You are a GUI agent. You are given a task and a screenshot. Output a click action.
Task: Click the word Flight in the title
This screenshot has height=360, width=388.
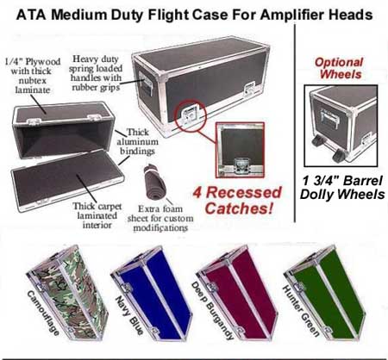pos(168,16)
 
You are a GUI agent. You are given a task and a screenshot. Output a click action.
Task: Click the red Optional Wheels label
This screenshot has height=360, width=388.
pos(340,68)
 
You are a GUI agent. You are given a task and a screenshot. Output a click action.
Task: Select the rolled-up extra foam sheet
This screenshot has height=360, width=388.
pos(154,182)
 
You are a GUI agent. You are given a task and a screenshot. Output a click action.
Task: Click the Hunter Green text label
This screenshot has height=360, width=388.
pos(301,311)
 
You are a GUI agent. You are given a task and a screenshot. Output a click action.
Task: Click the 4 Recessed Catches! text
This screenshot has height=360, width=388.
pos(237,201)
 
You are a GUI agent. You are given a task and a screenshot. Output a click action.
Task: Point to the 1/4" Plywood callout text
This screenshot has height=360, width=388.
pos(33,76)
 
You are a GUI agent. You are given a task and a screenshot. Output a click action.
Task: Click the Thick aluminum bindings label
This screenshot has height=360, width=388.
pos(137,141)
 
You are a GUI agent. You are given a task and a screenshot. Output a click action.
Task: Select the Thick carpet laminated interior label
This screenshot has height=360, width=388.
pos(97,215)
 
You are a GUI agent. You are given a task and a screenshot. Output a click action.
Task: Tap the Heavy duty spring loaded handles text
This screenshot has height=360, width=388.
pos(96,73)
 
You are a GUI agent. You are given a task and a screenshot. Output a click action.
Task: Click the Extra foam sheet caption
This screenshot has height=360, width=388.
pos(160,218)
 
